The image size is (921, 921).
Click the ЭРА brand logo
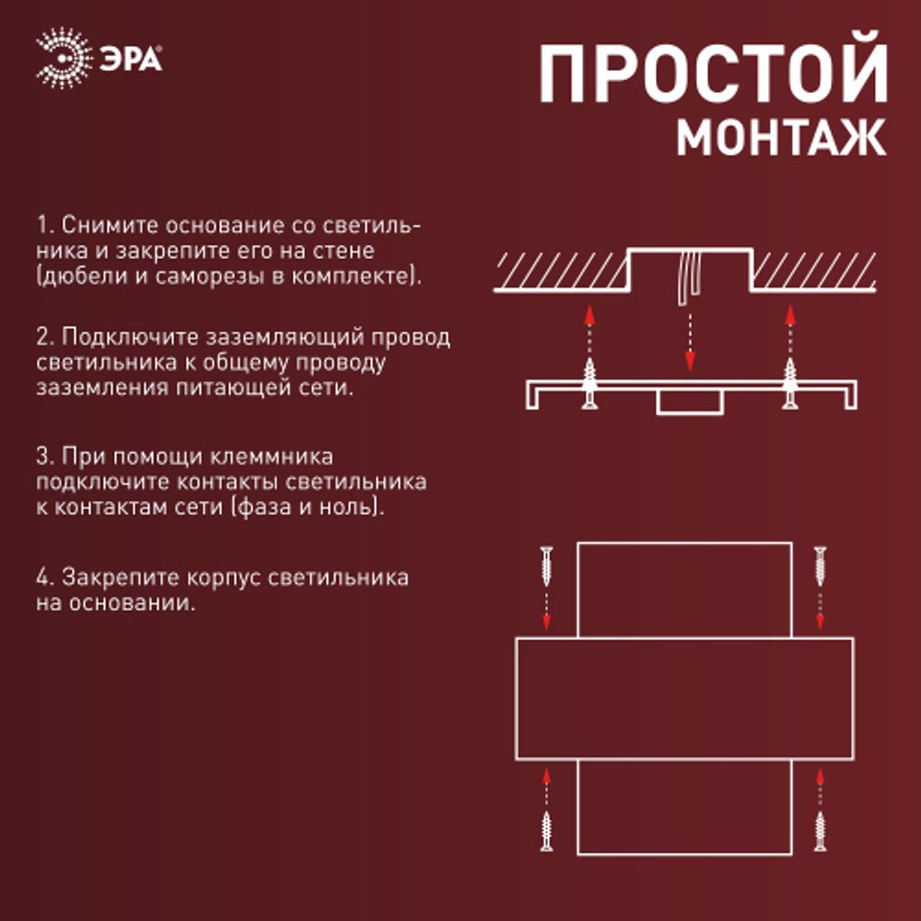coord(99,60)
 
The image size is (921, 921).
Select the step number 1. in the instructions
coord(45,226)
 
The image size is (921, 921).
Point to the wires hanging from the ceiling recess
coord(686,276)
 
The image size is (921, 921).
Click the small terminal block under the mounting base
coord(688,402)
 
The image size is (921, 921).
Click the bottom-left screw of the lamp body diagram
coord(547,830)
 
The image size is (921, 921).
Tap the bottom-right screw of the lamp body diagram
coord(820,830)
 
